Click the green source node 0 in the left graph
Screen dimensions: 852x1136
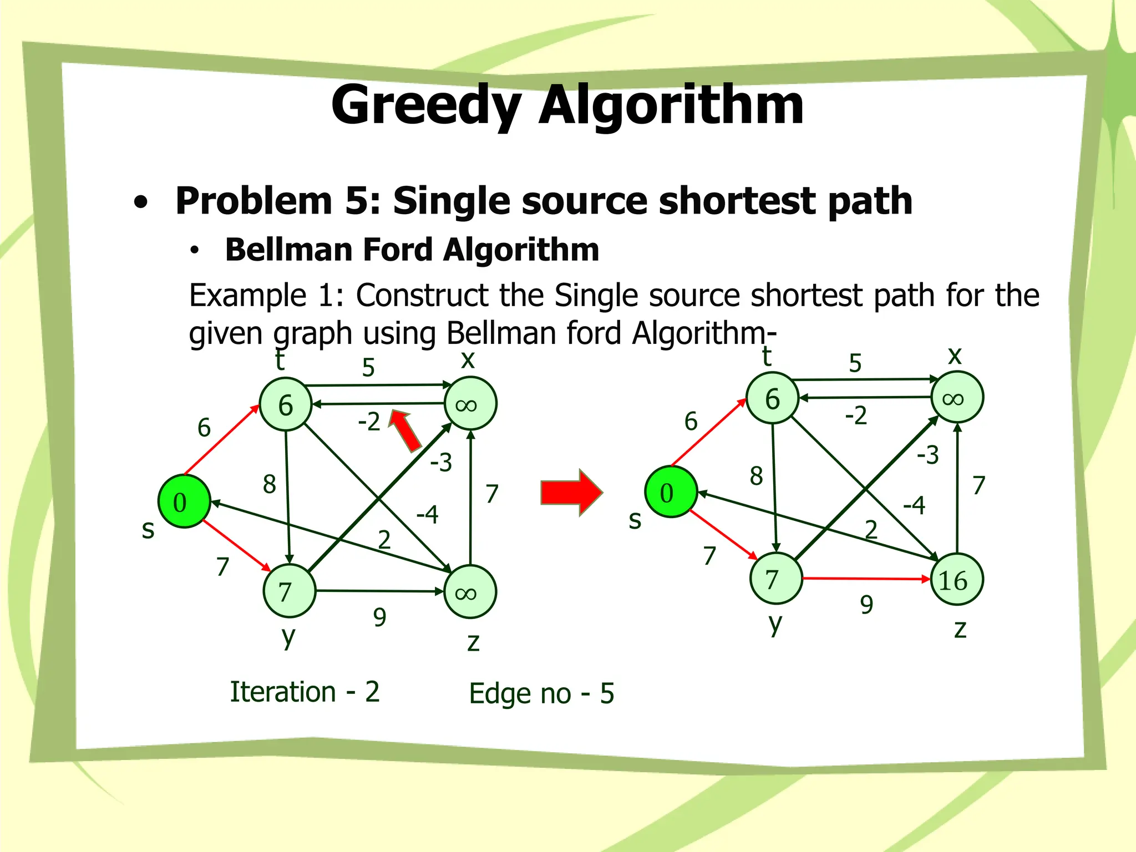coord(184,501)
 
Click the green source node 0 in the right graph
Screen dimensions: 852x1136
coord(671,492)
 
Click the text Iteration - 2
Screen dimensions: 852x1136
coord(305,692)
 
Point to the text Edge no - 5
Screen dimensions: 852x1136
coord(541,693)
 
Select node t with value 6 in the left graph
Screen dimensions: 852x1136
coord(285,404)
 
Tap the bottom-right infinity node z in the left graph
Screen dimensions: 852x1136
coord(470,592)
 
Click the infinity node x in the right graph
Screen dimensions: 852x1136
coord(957,398)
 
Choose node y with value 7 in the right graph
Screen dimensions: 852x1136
coord(775,579)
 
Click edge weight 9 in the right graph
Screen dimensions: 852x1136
coord(866,605)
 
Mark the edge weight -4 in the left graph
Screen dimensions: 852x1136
coord(427,515)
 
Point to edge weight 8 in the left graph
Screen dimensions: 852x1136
coord(270,484)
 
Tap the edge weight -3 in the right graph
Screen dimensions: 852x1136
coord(928,455)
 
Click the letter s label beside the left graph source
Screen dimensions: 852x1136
coord(148,530)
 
